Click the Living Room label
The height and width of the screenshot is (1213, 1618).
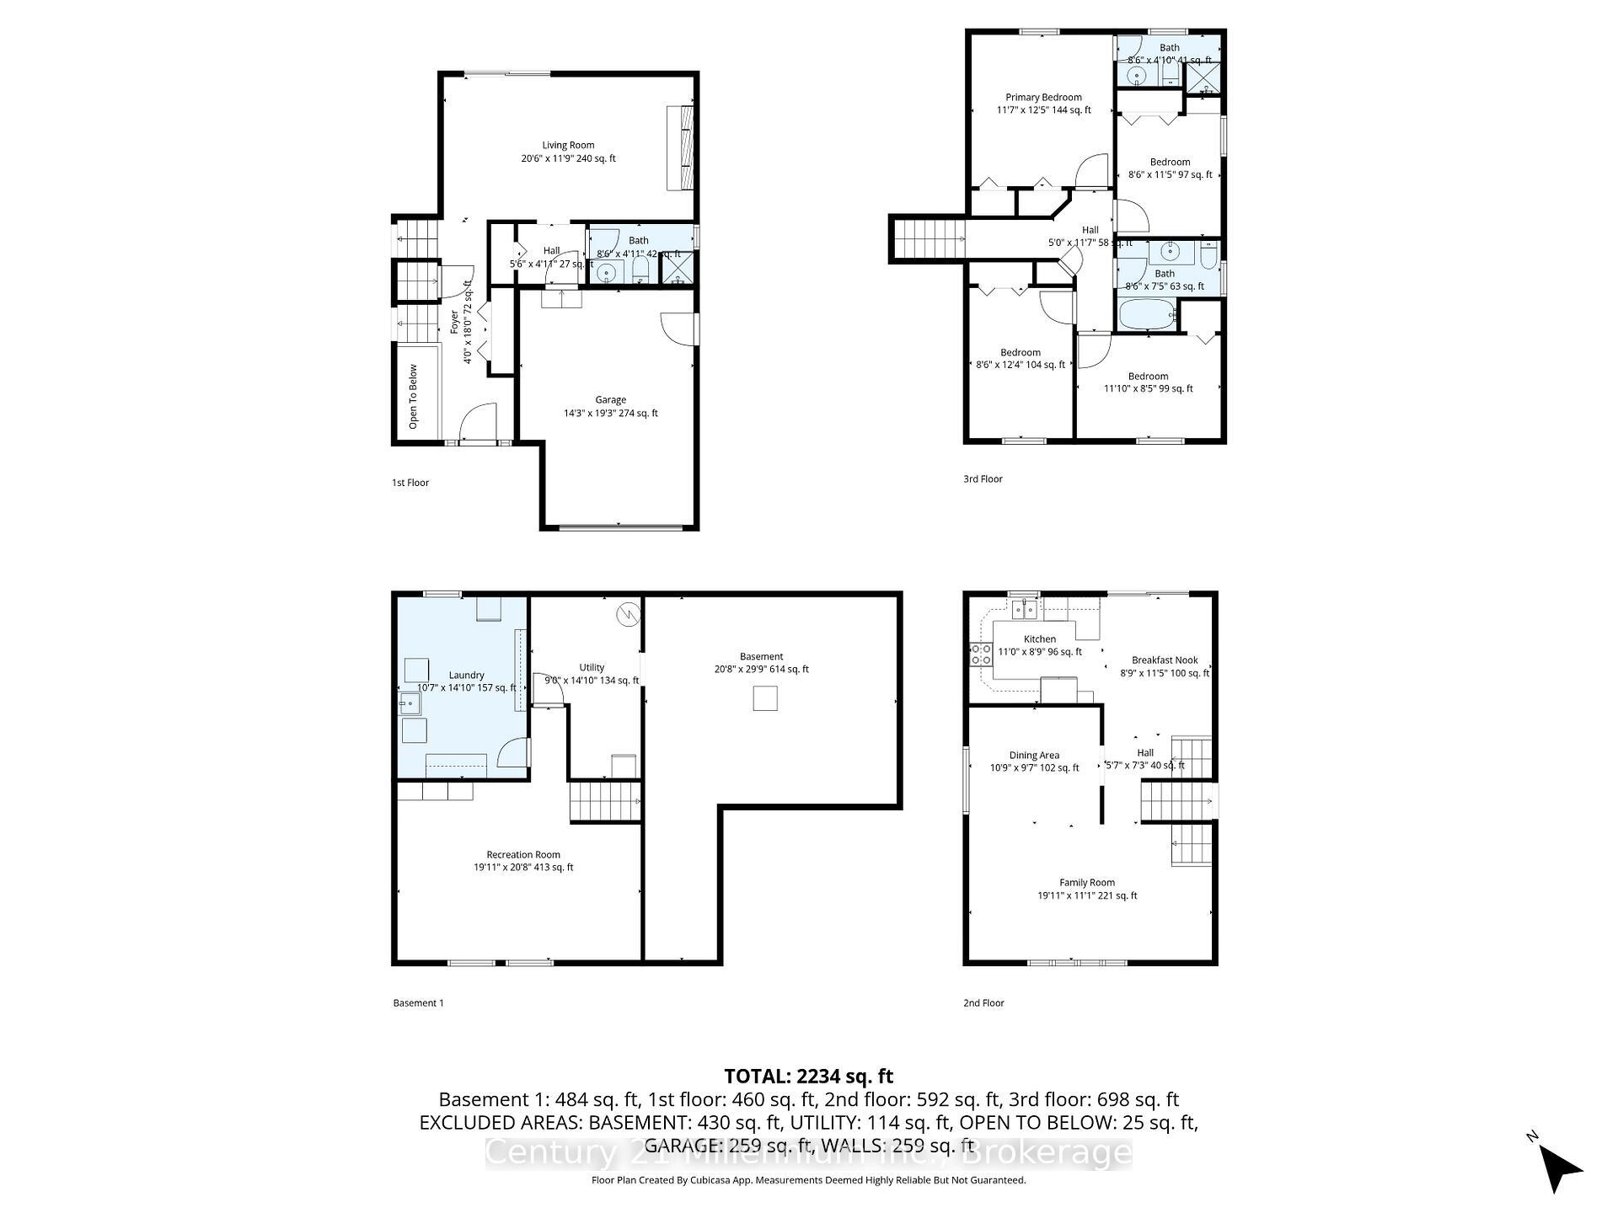568,146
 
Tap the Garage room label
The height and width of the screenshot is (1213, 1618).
610,400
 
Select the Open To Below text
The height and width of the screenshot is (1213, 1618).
414,396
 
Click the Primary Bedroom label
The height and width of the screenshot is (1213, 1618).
1043,98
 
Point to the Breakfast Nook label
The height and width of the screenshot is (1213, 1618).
1165,660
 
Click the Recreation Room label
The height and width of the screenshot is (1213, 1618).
522,855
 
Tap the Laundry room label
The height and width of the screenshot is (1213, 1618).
466,676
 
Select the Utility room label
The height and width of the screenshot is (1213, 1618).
592,668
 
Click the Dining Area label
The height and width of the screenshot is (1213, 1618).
1034,756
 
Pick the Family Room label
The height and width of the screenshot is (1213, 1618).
1087,883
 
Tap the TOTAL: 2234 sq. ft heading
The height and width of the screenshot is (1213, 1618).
808,1076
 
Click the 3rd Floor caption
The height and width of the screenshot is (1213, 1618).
983,479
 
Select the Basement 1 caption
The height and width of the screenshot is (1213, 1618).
418,1003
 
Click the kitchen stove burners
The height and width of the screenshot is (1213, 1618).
980,655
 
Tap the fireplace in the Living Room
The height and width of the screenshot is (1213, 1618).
680,148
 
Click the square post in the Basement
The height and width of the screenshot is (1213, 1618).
765,698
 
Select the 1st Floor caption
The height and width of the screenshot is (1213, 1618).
410,483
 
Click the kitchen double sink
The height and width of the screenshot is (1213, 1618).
1024,607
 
